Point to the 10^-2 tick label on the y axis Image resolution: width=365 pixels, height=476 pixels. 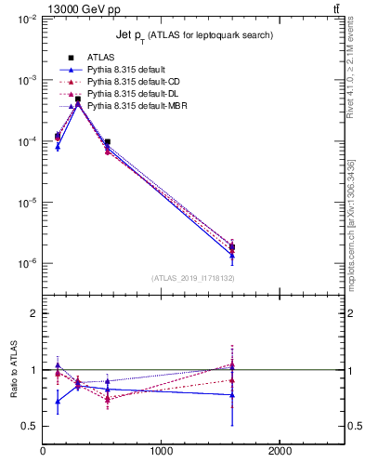(x=25, y=20)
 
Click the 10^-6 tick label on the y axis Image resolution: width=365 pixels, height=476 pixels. (x=25, y=264)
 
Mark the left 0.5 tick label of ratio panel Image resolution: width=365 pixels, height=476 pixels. (x=28, y=427)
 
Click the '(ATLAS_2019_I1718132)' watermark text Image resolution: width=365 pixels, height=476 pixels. (x=193, y=278)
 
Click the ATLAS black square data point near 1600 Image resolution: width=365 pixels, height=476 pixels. (x=232, y=247)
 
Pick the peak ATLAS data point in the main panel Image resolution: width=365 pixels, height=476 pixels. (x=78, y=99)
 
